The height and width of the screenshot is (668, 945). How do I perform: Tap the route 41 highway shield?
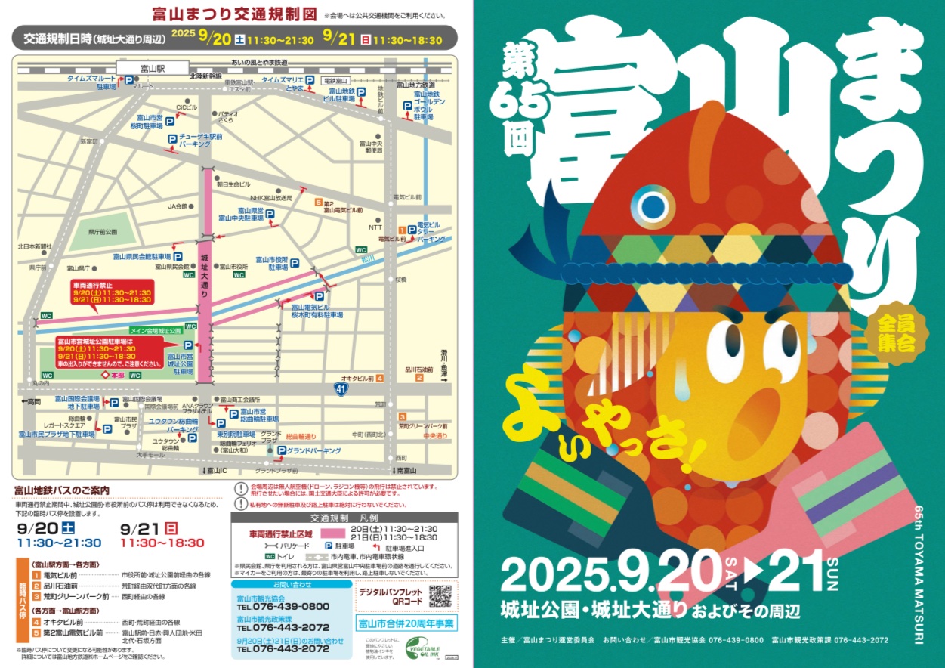click(x=342, y=389)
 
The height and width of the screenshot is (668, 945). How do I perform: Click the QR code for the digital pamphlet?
click(x=440, y=595)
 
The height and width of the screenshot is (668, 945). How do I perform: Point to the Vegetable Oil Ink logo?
click(x=428, y=648)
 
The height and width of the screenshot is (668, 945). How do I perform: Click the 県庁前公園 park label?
click(x=102, y=231)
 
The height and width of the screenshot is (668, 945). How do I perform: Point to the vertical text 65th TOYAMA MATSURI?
click(x=918, y=574)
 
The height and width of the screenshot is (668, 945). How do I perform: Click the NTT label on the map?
click(x=375, y=227)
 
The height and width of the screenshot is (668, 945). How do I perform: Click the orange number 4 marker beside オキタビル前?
click(x=379, y=378)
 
